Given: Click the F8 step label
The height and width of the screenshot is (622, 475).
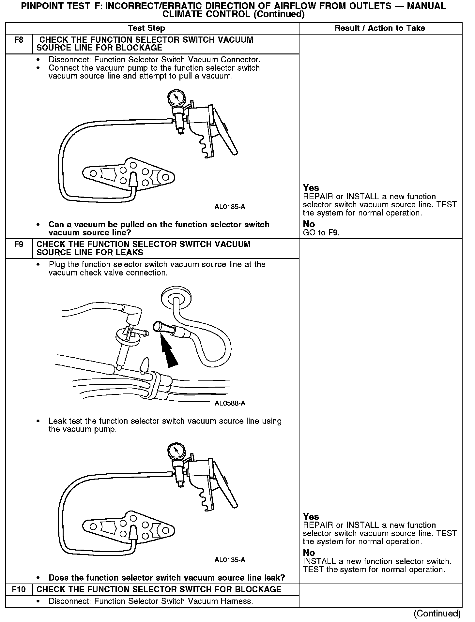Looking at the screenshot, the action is [x=19, y=40].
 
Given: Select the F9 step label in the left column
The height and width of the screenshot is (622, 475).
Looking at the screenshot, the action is [x=19, y=244].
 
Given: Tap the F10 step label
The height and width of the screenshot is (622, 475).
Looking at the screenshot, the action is [x=19, y=589].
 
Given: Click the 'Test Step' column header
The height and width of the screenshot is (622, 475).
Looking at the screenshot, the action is [x=146, y=28].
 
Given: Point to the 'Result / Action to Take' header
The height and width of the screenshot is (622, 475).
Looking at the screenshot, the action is [x=380, y=28].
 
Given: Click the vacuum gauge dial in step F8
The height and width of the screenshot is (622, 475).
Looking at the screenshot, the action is [x=176, y=97].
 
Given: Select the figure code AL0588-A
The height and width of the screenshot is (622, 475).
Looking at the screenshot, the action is [x=230, y=403].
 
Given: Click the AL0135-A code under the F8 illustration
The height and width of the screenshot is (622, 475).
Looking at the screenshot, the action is [x=230, y=207].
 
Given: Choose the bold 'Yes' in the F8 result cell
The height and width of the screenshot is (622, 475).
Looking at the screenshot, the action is [x=311, y=188].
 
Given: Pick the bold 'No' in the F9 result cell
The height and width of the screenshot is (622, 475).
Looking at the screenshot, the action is [x=309, y=553].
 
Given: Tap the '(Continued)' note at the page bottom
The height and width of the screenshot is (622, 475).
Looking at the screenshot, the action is [x=437, y=614].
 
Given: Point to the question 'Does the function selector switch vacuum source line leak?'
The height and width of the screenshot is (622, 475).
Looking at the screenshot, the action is [x=167, y=578].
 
